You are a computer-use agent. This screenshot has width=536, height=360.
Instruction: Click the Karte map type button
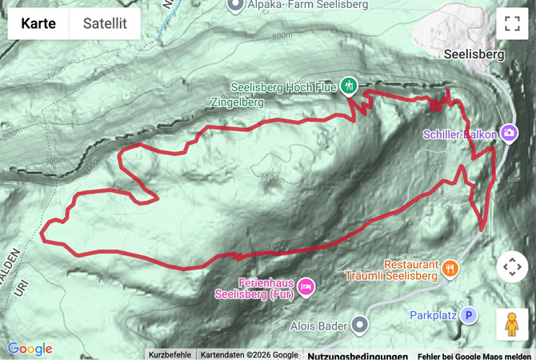[x=38, y=24]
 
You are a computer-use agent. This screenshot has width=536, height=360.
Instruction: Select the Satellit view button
[x=105, y=24]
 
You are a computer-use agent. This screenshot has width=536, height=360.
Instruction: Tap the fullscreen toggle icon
[x=512, y=24]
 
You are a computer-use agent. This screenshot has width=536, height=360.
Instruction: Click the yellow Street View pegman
[x=512, y=324]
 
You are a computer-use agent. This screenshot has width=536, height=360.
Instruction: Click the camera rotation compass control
[x=512, y=267]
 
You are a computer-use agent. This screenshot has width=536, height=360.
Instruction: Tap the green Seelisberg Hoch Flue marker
[x=348, y=85]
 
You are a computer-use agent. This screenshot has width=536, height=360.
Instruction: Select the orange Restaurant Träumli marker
[x=450, y=269]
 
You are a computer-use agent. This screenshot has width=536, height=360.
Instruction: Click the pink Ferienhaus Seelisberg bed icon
[x=305, y=286]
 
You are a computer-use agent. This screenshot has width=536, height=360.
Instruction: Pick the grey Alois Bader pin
[x=359, y=325]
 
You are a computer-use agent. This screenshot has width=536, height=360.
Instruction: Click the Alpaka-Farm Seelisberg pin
[x=234, y=6]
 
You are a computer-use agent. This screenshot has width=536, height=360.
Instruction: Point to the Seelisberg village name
[x=473, y=55]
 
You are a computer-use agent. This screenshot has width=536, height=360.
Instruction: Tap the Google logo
[x=30, y=349]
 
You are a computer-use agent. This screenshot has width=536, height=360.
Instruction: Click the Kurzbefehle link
[x=170, y=355]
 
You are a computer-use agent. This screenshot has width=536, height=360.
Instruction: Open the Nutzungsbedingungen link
[x=358, y=355]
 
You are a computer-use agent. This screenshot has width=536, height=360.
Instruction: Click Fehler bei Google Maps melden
[x=474, y=355]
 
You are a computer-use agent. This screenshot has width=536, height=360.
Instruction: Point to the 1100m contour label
[x=272, y=178]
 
